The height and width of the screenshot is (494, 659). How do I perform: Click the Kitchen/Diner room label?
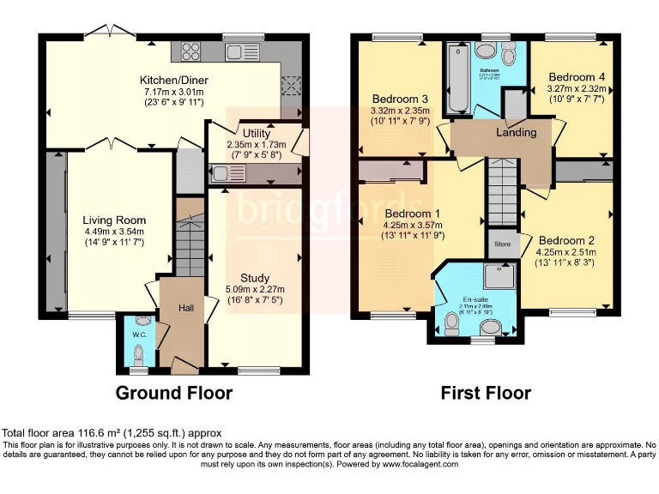click(x=174, y=81)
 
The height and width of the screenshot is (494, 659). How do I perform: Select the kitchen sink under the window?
click(x=236, y=52)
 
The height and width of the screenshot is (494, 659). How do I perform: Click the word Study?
click(x=256, y=278)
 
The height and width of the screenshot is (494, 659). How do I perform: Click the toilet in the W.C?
click(x=137, y=352)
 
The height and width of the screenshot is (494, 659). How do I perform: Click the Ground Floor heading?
click(x=174, y=394)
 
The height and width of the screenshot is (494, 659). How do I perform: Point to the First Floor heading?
click(x=486, y=394)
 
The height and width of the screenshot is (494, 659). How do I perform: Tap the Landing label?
click(x=517, y=132)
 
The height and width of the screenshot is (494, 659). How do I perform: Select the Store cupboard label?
click(x=503, y=244)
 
